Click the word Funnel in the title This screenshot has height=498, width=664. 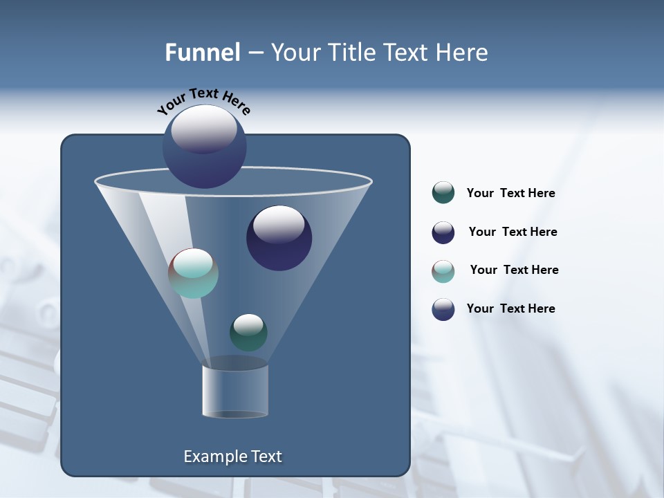202,53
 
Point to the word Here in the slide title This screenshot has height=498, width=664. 461,53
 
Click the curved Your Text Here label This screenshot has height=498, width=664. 204,101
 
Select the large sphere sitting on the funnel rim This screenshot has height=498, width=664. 205,147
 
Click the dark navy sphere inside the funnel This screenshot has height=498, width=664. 279,239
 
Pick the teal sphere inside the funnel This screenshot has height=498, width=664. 194,274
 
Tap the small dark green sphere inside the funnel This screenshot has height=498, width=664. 248,333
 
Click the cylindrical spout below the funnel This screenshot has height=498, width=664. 235,391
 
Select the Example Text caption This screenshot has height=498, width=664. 233,456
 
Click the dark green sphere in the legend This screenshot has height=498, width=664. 443,193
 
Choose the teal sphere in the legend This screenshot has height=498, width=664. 443,271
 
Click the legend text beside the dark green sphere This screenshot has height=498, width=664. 510,194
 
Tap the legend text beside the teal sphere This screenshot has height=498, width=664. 514,270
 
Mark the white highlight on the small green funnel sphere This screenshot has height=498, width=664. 248,323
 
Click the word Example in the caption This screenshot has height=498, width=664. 210,456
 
